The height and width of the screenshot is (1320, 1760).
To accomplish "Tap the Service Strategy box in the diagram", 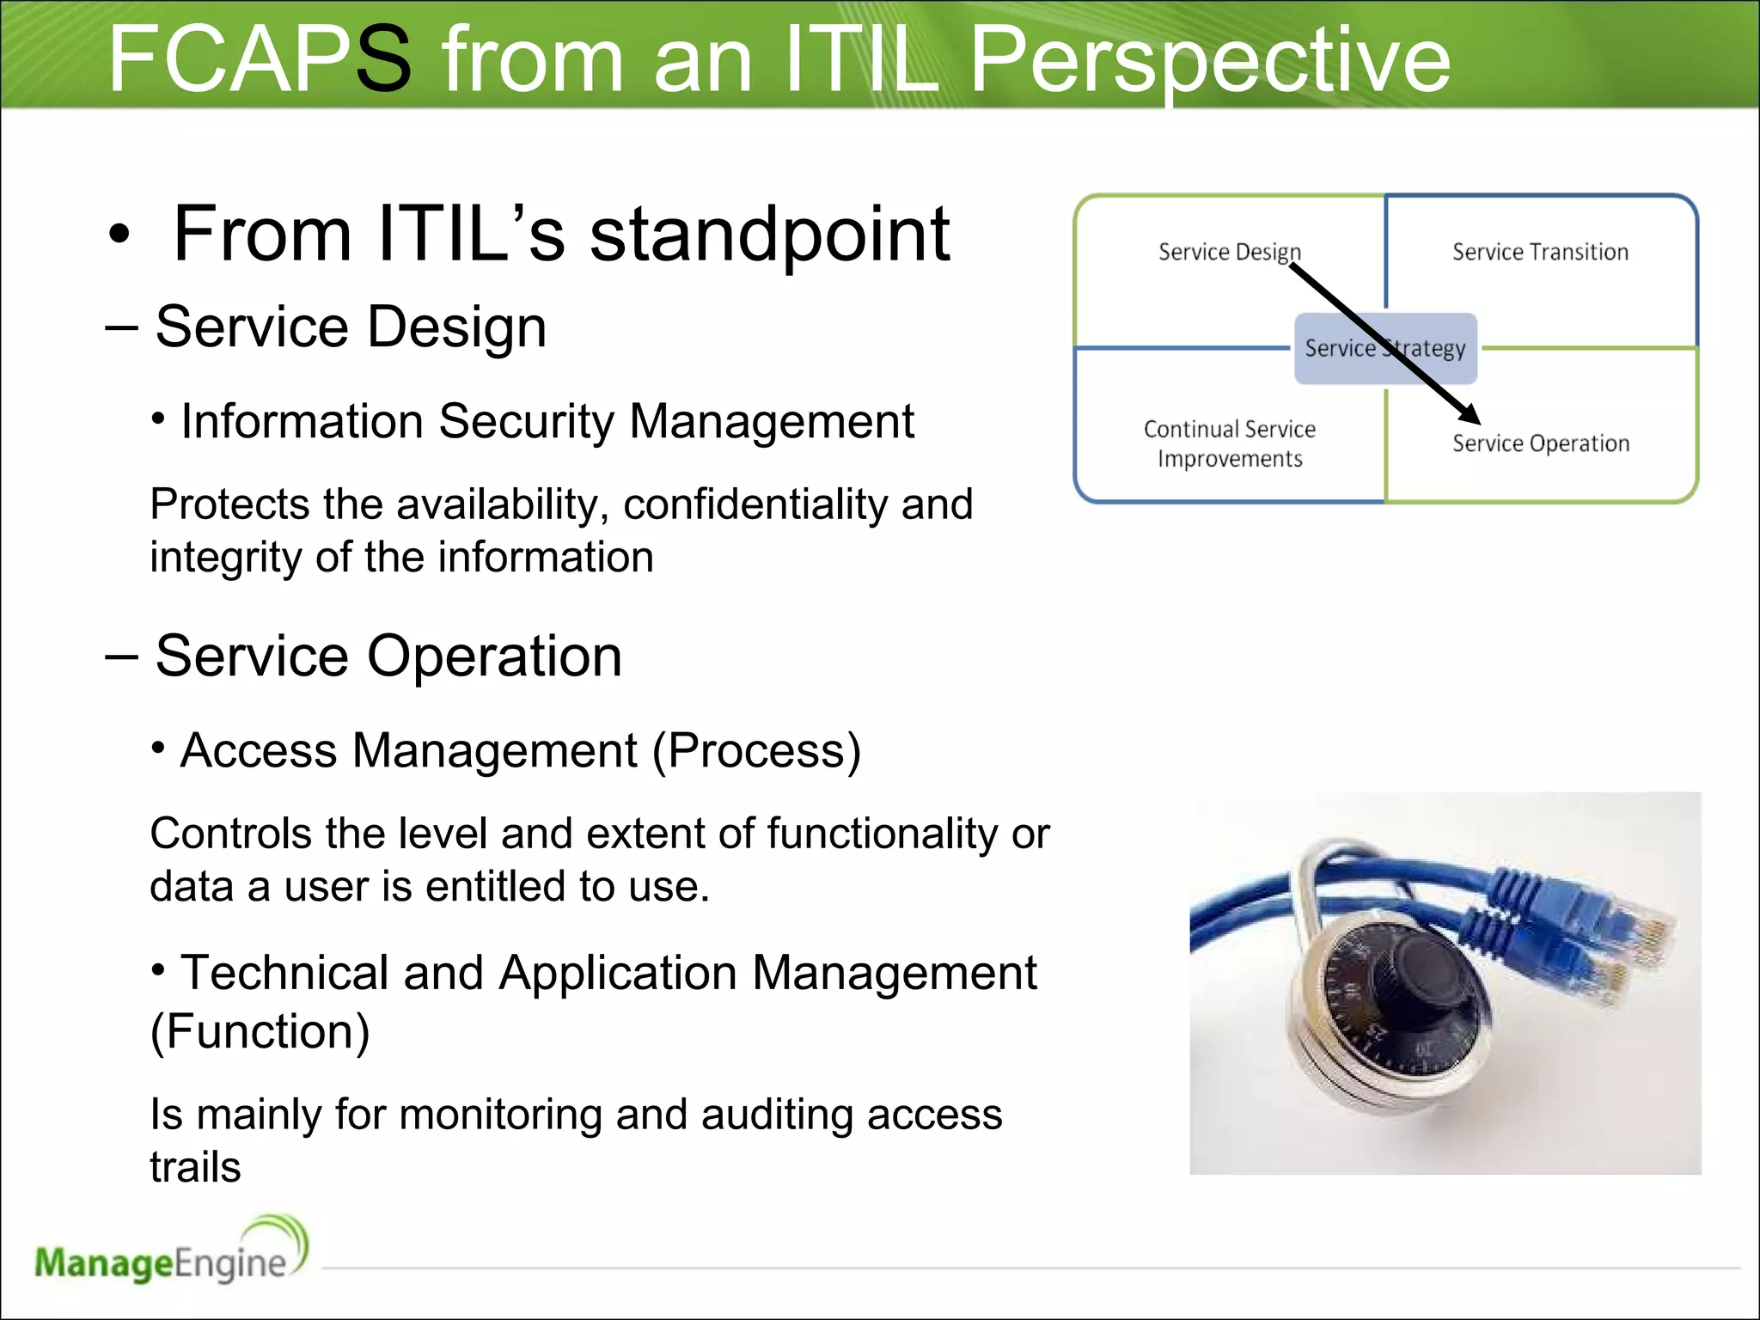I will coord(1385,348).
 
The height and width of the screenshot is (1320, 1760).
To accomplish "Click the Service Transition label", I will coord(1540,252).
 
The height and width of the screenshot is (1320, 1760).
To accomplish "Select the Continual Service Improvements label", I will coord(1229,443).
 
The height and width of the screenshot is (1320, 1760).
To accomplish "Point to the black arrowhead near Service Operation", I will coord(1470,414).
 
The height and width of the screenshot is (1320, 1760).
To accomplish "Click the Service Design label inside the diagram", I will coord(1229,252).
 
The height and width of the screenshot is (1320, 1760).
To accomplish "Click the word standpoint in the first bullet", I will coord(769,234).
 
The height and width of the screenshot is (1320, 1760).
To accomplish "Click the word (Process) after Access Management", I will coord(756,751).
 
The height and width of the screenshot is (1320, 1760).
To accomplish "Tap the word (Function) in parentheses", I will coord(260,1031).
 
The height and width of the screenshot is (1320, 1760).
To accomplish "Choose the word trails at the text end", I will coord(195,1167).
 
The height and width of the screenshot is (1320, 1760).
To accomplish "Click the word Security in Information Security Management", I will coord(527,422).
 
